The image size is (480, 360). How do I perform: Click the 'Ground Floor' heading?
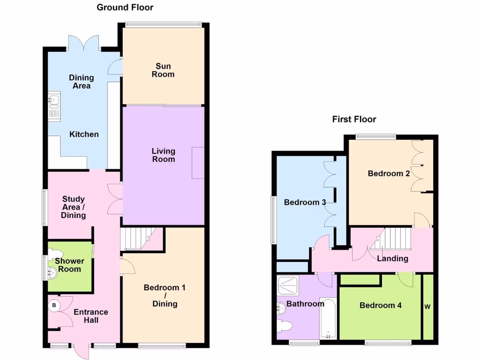(125, 7)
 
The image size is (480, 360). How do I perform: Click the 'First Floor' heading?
(354, 120)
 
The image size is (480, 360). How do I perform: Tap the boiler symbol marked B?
(54, 306)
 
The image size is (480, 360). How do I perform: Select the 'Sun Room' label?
(163, 70)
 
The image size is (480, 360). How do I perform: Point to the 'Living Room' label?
(163, 155)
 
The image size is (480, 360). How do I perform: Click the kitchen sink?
(53, 99)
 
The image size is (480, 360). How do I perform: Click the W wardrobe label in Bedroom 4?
(427, 307)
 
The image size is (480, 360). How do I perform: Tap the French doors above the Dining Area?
(83, 43)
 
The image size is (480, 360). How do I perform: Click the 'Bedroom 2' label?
(389, 173)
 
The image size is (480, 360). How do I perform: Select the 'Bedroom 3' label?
(305, 202)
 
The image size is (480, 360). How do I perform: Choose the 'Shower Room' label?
(69, 265)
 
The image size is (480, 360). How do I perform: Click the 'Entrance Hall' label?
(91, 316)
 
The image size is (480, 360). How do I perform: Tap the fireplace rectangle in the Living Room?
(198, 162)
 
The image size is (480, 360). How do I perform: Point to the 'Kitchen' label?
(84, 135)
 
